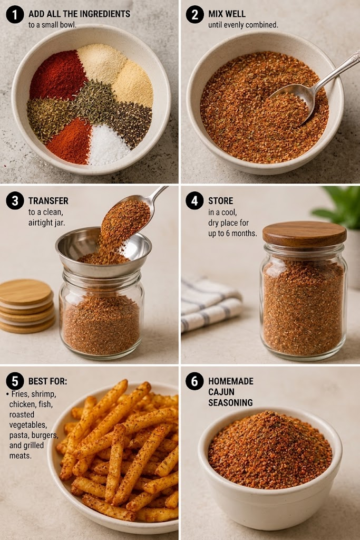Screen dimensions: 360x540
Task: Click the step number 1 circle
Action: tap(15, 14)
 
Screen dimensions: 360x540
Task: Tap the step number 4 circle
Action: tap(195, 201)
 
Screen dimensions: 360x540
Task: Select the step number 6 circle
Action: tap(195, 381)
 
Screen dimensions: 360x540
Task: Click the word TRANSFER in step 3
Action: tap(48, 201)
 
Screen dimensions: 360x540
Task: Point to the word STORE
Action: tap(220, 201)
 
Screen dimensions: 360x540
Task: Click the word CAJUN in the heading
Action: tap(221, 392)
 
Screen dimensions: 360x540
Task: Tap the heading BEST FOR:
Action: tap(48, 381)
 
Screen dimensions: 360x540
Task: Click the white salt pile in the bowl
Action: tap(109, 146)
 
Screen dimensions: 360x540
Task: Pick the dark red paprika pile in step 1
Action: tap(58, 75)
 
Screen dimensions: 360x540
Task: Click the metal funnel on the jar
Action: tap(103, 251)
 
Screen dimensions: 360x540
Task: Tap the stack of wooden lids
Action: tap(27, 306)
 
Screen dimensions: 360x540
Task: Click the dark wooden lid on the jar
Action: tap(305, 233)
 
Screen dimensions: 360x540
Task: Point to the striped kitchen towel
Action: tap(210, 305)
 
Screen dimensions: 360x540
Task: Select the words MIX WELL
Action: tap(227, 14)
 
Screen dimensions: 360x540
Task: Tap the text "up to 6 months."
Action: tap(232, 233)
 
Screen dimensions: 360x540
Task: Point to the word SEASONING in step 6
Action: tap(230, 402)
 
